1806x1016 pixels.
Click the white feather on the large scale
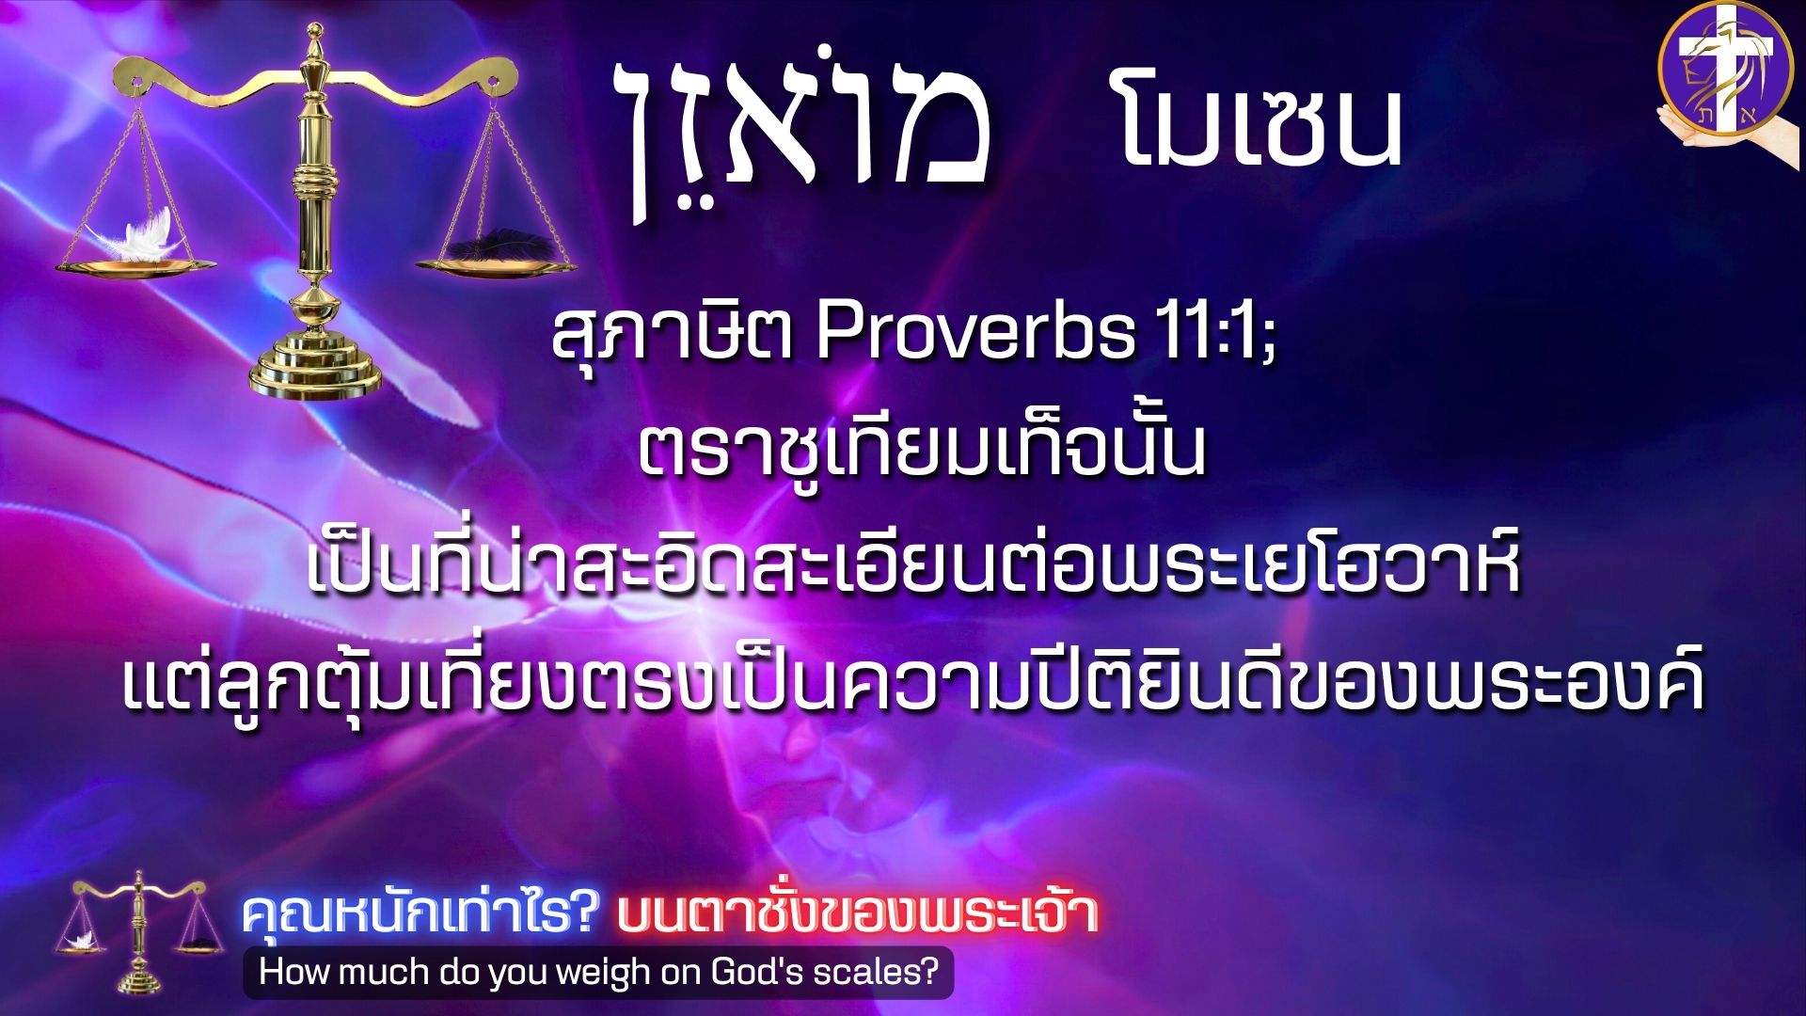(x=139, y=236)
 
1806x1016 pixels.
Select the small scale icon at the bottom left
(x=139, y=932)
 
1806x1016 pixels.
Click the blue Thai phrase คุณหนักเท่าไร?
(x=420, y=913)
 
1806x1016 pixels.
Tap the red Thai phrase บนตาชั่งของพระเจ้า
(x=857, y=913)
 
